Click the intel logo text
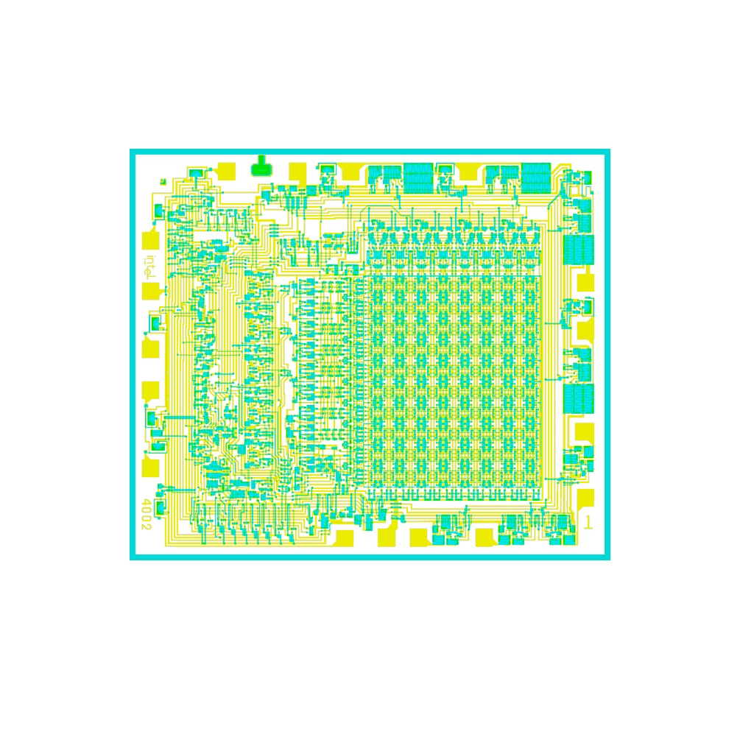(150, 267)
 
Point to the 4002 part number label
(147, 515)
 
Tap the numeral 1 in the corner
(587, 522)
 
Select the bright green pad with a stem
(261, 166)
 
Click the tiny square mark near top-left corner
(163, 182)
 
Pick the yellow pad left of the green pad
(227, 171)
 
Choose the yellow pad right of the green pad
(297, 172)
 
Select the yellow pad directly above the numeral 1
(585, 498)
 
